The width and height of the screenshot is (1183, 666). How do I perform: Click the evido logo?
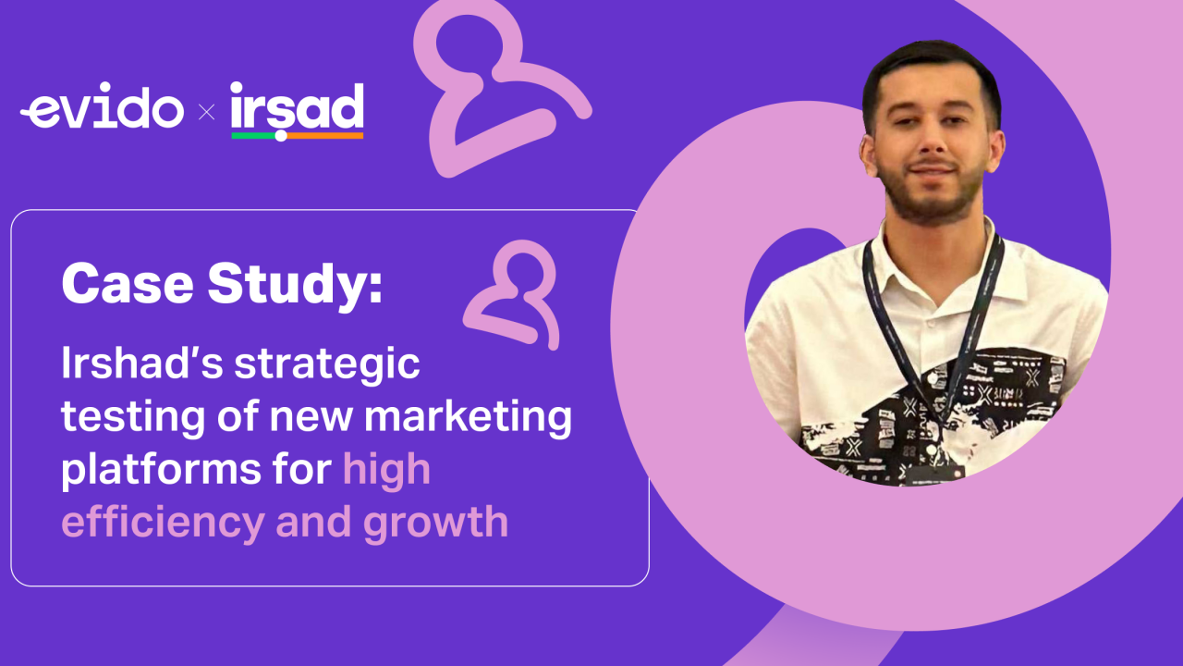click(102, 111)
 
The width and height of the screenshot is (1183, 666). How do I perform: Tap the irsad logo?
click(297, 107)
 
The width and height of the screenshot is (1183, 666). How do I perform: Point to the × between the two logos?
click(207, 113)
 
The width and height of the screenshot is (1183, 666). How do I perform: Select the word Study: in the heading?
click(295, 286)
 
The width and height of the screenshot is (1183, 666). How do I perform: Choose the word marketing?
click(468, 418)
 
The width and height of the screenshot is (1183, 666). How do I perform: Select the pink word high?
click(386, 470)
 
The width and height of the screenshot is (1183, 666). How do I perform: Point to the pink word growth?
click(435, 523)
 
